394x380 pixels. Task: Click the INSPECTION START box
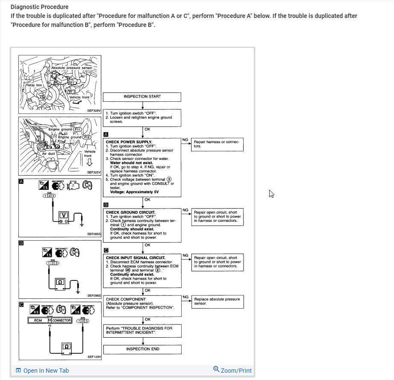[x=142, y=97]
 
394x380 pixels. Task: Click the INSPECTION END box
[x=142, y=349]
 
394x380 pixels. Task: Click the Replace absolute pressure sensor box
[x=217, y=301]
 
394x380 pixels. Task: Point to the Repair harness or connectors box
[x=217, y=144]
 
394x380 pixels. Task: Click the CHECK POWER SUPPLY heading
[x=129, y=141]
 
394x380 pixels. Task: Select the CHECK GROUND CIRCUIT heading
[x=130, y=212]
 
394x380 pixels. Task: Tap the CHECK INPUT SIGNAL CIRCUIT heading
[x=135, y=258]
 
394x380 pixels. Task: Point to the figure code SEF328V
[x=93, y=110]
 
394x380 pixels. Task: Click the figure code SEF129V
[x=94, y=356]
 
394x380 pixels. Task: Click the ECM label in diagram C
[x=38, y=320]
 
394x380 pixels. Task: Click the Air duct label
[x=48, y=153]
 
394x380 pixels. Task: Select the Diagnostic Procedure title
[x=39, y=7]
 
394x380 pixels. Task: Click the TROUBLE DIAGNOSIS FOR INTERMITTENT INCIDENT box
[x=142, y=330]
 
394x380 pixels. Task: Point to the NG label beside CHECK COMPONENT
[x=185, y=297]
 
